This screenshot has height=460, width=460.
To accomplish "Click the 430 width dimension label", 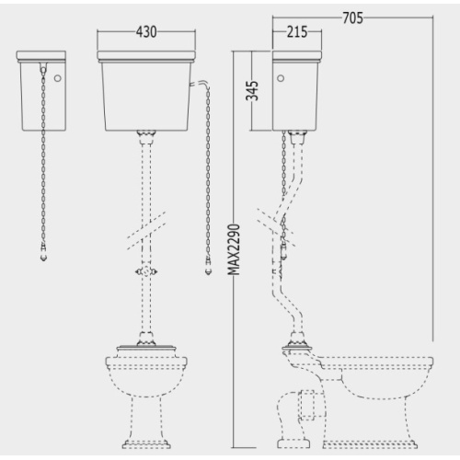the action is [x=146, y=31].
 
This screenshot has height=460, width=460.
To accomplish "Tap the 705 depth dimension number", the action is [x=352, y=18].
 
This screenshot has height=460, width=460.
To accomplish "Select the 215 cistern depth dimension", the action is [x=297, y=32].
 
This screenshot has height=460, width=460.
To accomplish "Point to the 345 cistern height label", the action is [x=252, y=91].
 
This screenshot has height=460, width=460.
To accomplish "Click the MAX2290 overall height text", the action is [x=235, y=249].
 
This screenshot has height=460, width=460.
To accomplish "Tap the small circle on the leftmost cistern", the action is [x=57, y=78].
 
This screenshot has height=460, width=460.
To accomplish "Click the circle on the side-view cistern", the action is [x=281, y=78].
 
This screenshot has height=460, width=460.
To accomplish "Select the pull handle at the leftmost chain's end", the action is [x=44, y=254].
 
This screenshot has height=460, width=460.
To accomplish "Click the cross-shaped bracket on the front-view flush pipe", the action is [x=146, y=271].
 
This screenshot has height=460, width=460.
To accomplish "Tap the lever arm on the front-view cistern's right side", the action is [x=200, y=84].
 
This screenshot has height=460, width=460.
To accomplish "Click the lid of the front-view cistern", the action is [x=146, y=56].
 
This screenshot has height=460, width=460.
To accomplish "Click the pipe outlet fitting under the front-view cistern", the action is [x=146, y=137].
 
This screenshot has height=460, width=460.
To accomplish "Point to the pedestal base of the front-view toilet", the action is [x=146, y=443].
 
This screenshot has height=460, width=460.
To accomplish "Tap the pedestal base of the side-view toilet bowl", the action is [x=370, y=443].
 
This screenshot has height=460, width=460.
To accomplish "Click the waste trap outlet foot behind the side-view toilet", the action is [x=293, y=443].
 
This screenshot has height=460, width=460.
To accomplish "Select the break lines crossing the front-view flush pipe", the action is [x=146, y=231].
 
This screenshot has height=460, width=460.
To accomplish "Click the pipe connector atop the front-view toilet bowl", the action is [x=146, y=339].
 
